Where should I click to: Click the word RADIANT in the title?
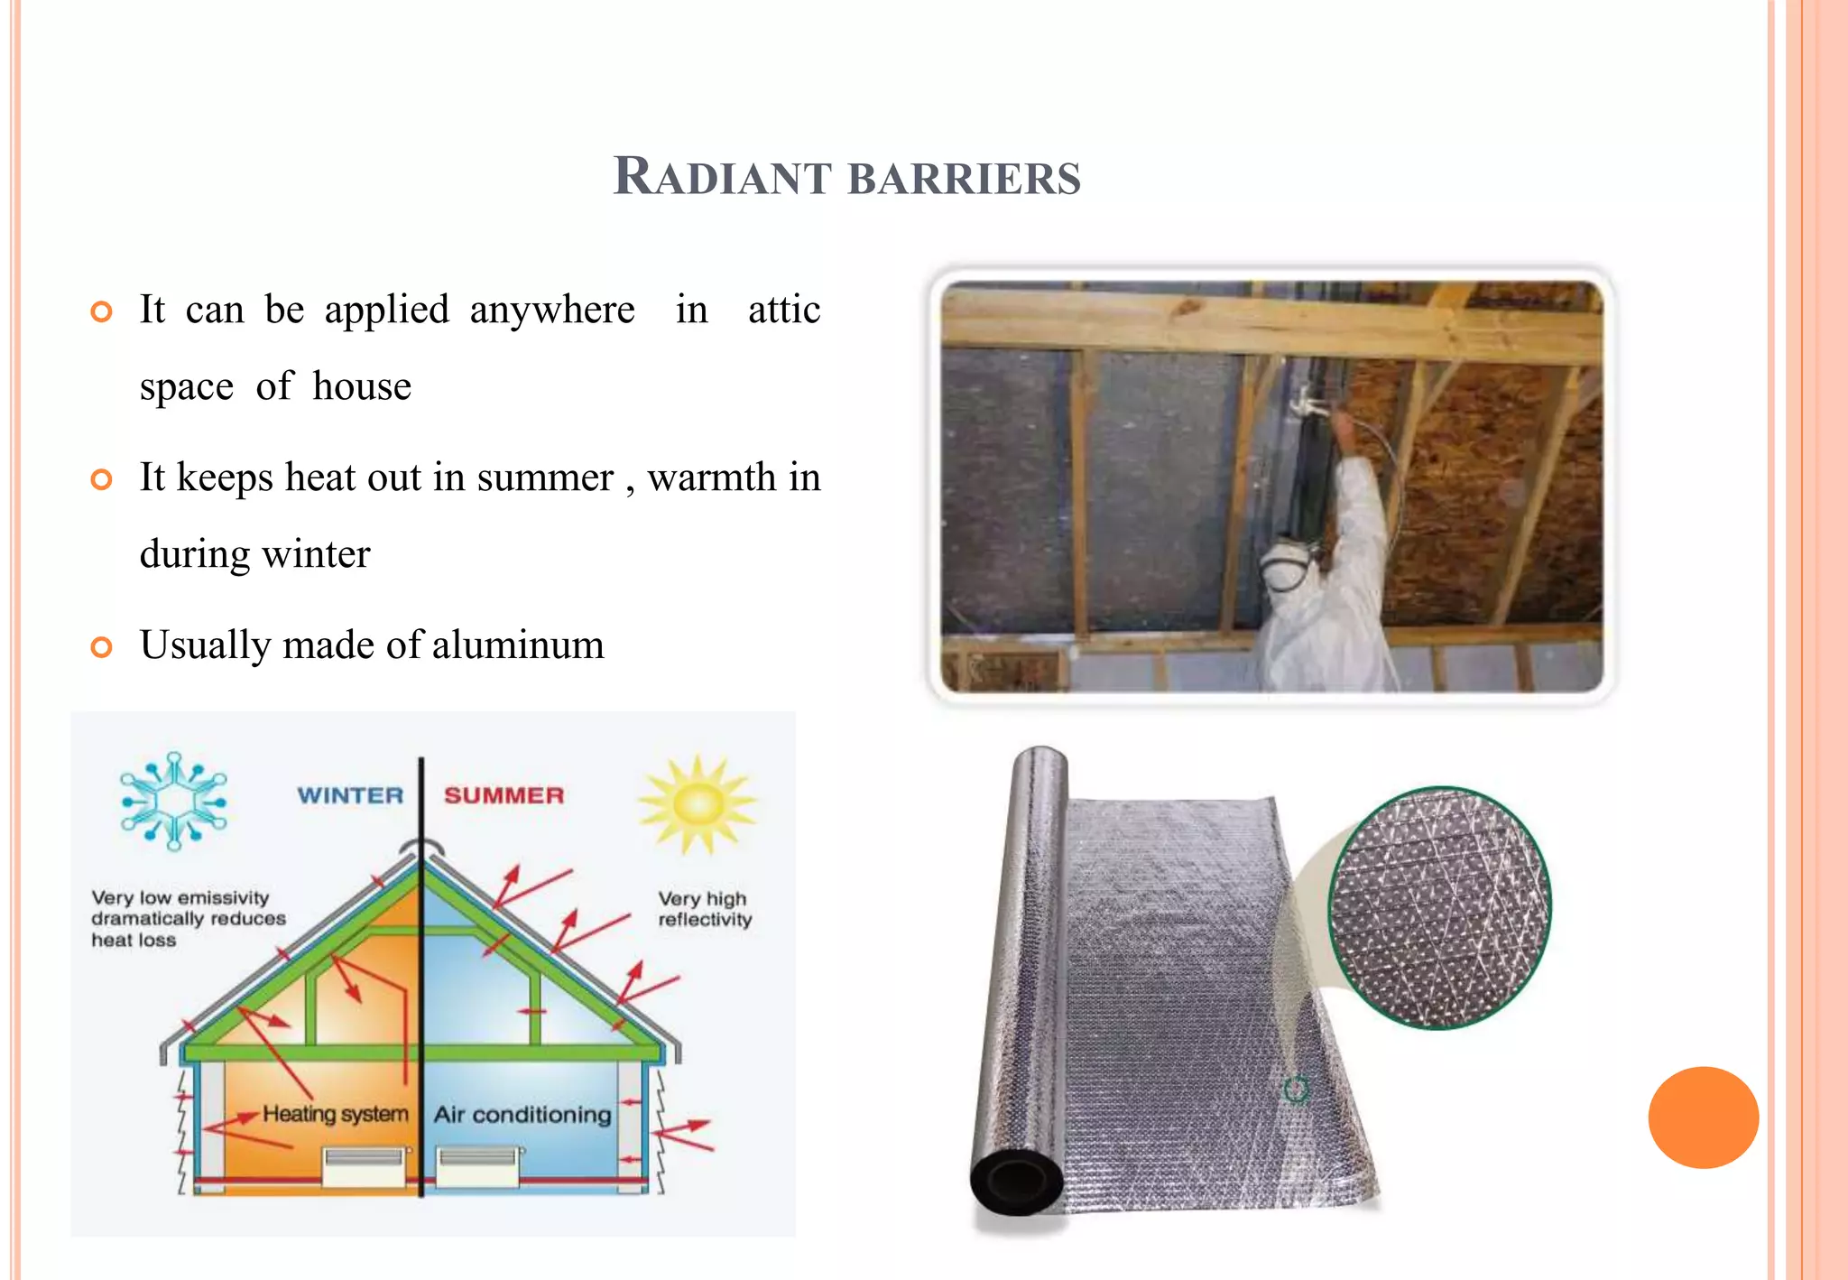(722, 176)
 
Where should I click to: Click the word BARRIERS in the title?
(965, 178)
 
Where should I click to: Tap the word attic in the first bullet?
(783, 310)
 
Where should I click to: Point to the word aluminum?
(518, 645)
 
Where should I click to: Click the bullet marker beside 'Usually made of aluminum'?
(102, 646)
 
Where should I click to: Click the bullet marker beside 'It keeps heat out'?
(102, 479)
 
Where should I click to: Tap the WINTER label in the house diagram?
(350, 795)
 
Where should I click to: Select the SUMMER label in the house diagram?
(504, 795)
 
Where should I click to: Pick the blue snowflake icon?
(174, 801)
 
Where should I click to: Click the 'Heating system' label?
(335, 1114)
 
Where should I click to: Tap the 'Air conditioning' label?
(522, 1115)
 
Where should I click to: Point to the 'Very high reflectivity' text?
(705, 909)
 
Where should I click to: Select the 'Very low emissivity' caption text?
(188, 918)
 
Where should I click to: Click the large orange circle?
(1703, 1118)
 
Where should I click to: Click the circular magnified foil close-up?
(1439, 907)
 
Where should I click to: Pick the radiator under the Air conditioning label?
(478, 1165)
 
